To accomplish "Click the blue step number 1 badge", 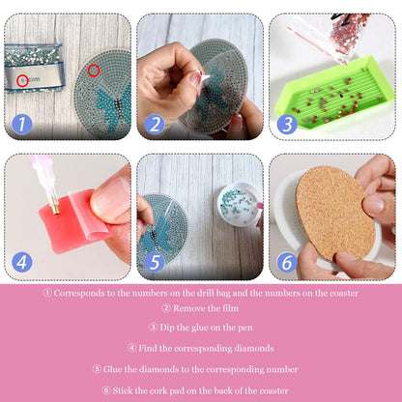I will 20,123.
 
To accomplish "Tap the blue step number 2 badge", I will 153,123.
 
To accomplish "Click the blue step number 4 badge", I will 20,261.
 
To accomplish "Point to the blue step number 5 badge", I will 153,261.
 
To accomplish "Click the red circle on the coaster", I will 93,70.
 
